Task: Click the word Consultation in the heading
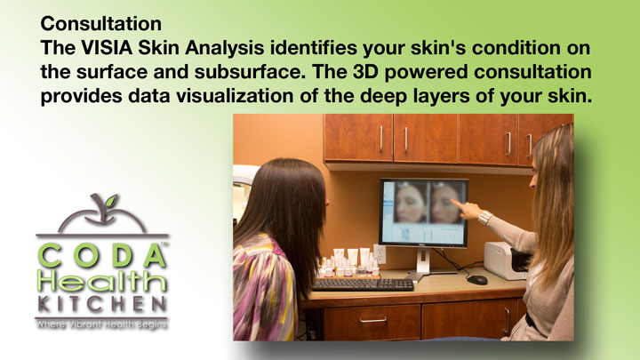(x=100, y=23)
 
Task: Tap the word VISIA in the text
(x=107, y=48)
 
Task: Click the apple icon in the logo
(x=102, y=214)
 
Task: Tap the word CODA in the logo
(x=102, y=256)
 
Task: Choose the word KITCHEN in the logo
(x=102, y=304)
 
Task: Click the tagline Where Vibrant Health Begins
(x=101, y=325)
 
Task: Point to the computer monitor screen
(x=424, y=212)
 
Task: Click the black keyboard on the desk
(x=363, y=284)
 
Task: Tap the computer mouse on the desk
(x=477, y=280)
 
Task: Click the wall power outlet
(x=380, y=254)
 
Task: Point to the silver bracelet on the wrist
(x=485, y=218)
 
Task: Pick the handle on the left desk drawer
(x=372, y=320)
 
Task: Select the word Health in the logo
(x=102, y=282)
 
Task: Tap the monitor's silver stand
(x=423, y=264)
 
